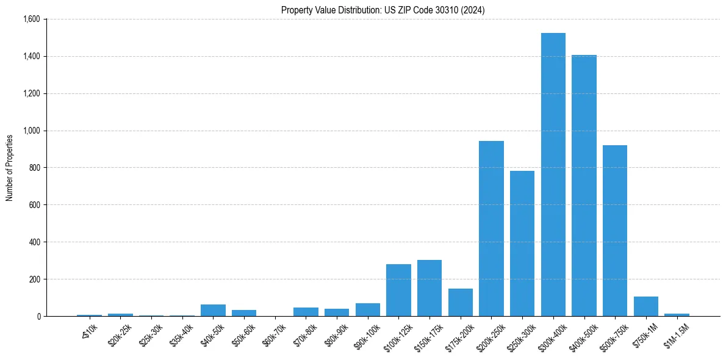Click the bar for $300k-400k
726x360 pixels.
pyautogui.click(x=553, y=175)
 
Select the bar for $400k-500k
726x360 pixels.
pyautogui.click(x=584, y=185)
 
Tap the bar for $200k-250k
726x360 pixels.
pyautogui.click(x=491, y=229)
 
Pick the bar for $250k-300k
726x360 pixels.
pyautogui.click(x=522, y=243)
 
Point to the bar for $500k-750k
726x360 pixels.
pyautogui.click(x=615, y=231)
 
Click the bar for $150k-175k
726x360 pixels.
pyautogui.click(x=429, y=288)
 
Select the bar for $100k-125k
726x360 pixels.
pyautogui.click(x=398, y=290)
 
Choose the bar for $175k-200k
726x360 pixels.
pyautogui.click(x=460, y=303)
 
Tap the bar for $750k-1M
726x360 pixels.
pyautogui.click(x=646, y=306)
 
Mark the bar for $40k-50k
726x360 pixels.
pyautogui.click(x=213, y=310)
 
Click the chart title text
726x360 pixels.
pyautogui.click(x=383, y=10)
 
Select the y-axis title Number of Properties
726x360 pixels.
pyautogui.click(x=10, y=168)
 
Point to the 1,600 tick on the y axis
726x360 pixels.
pyautogui.click(x=31, y=19)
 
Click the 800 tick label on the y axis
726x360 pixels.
pyautogui.click(x=35, y=168)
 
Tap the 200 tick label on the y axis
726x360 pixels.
pyautogui.click(x=35, y=279)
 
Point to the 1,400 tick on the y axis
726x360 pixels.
pyautogui.click(x=31, y=56)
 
